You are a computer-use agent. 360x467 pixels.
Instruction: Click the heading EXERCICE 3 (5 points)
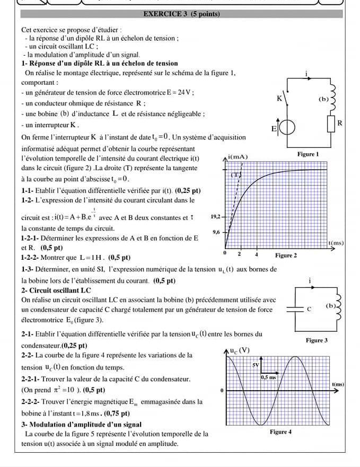point(181,14)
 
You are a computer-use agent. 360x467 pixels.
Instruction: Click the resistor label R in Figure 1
point(341,123)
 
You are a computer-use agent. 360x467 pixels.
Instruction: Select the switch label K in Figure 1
point(279,99)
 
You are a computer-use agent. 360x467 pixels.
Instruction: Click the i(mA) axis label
point(238,157)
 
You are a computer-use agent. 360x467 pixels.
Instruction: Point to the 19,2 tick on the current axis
point(215,217)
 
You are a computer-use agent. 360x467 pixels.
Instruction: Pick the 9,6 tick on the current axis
point(216,232)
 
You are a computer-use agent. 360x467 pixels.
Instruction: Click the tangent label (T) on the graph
point(236,174)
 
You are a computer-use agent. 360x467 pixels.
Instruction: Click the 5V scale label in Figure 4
point(256,365)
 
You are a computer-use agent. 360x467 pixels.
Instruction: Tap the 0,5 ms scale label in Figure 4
point(268,377)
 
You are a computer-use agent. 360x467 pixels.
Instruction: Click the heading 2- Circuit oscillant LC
point(56,290)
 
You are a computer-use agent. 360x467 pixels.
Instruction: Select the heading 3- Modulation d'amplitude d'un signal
point(81,425)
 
